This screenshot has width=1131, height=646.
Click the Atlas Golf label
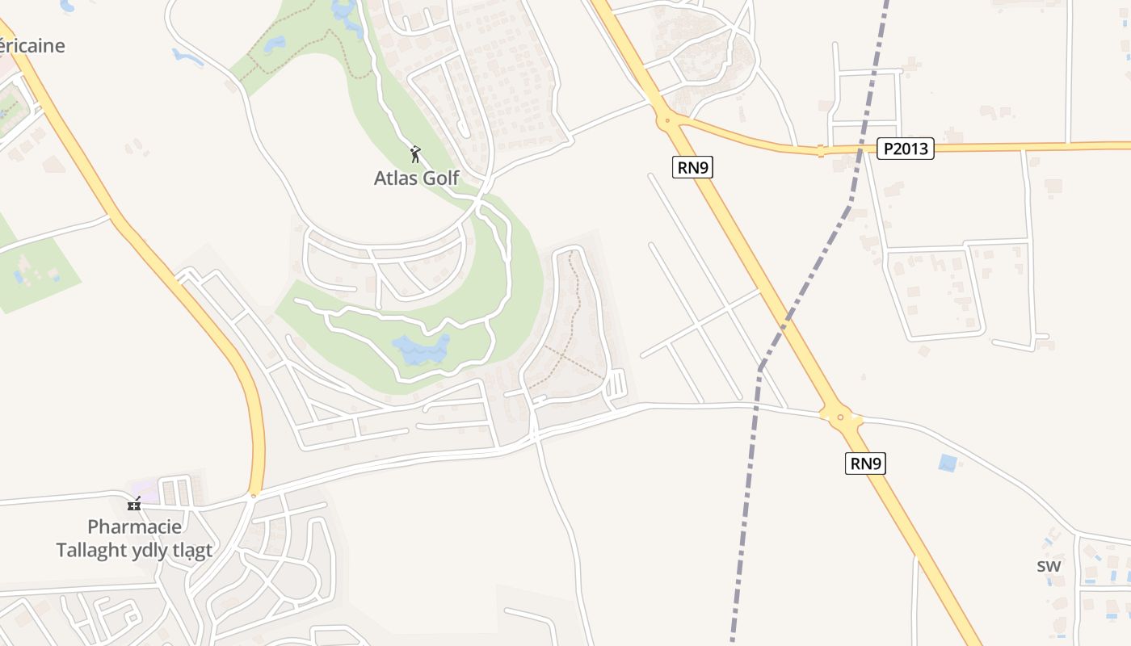point(416,178)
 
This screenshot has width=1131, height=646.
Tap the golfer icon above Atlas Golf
point(415,153)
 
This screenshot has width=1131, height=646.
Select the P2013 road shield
point(905,149)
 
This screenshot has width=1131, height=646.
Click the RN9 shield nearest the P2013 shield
point(693,167)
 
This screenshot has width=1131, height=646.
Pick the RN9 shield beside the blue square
point(865,464)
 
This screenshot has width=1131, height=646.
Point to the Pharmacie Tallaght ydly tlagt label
point(134,539)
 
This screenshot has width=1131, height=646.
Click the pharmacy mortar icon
point(134,505)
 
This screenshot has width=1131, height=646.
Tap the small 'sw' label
point(1049,566)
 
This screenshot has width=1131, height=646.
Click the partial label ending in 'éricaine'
point(32,45)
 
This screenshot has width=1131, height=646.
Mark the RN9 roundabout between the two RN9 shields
point(840,417)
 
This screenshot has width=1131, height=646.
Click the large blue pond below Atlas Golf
point(420,350)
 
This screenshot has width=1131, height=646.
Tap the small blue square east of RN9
point(948,463)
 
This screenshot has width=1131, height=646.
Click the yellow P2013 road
point(1010,146)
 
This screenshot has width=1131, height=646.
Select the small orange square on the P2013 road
point(821,150)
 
